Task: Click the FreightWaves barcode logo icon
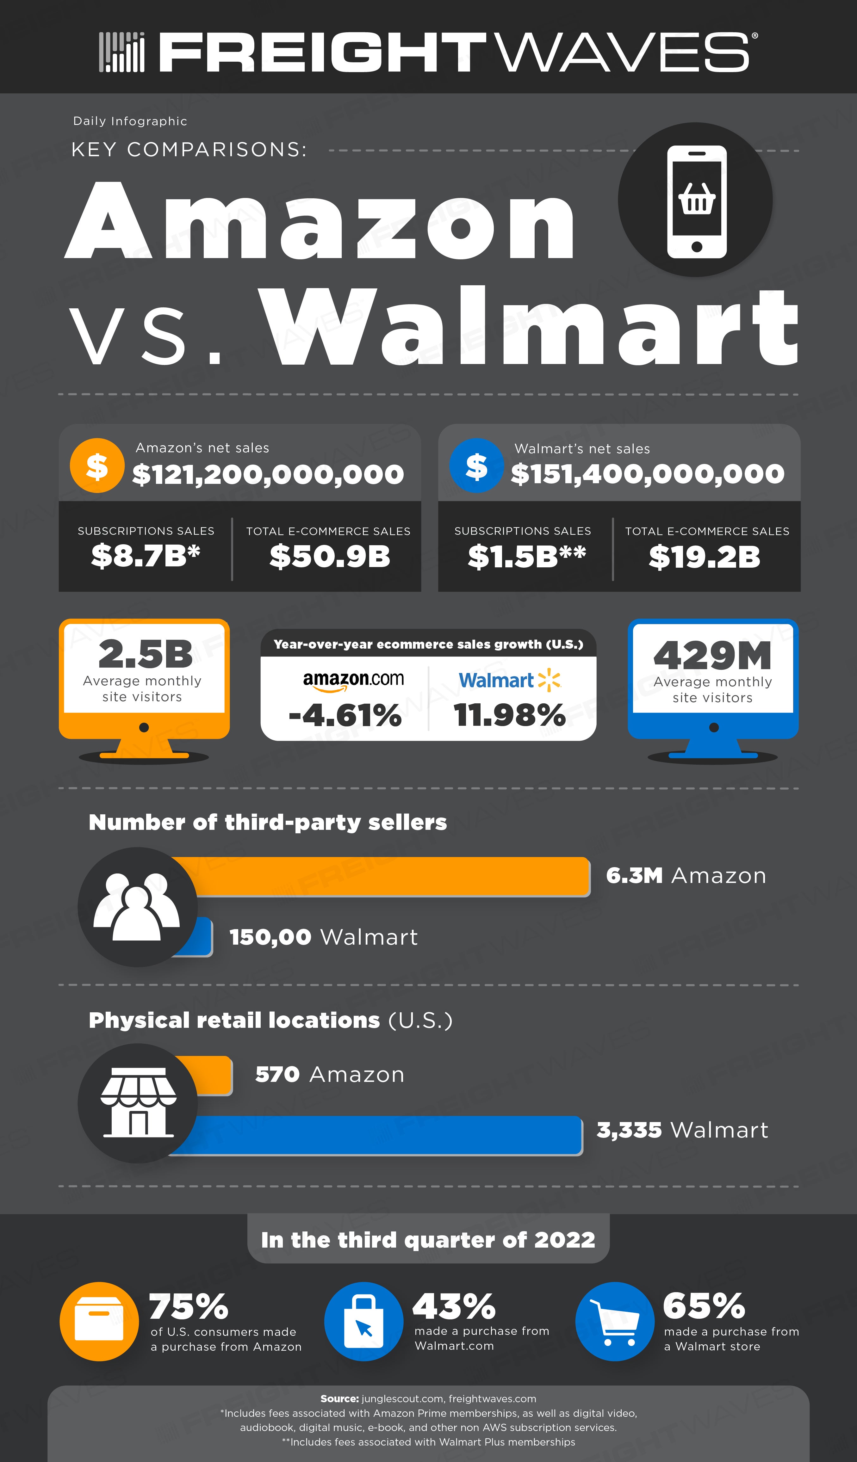tap(121, 52)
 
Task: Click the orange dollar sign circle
tap(97, 465)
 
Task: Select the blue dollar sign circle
tap(476, 465)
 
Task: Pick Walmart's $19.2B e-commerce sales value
tap(705, 557)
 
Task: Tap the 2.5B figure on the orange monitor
tap(145, 654)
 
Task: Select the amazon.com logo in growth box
tap(353, 681)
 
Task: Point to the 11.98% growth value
tap(509, 715)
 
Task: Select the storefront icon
tap(138, 1102)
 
